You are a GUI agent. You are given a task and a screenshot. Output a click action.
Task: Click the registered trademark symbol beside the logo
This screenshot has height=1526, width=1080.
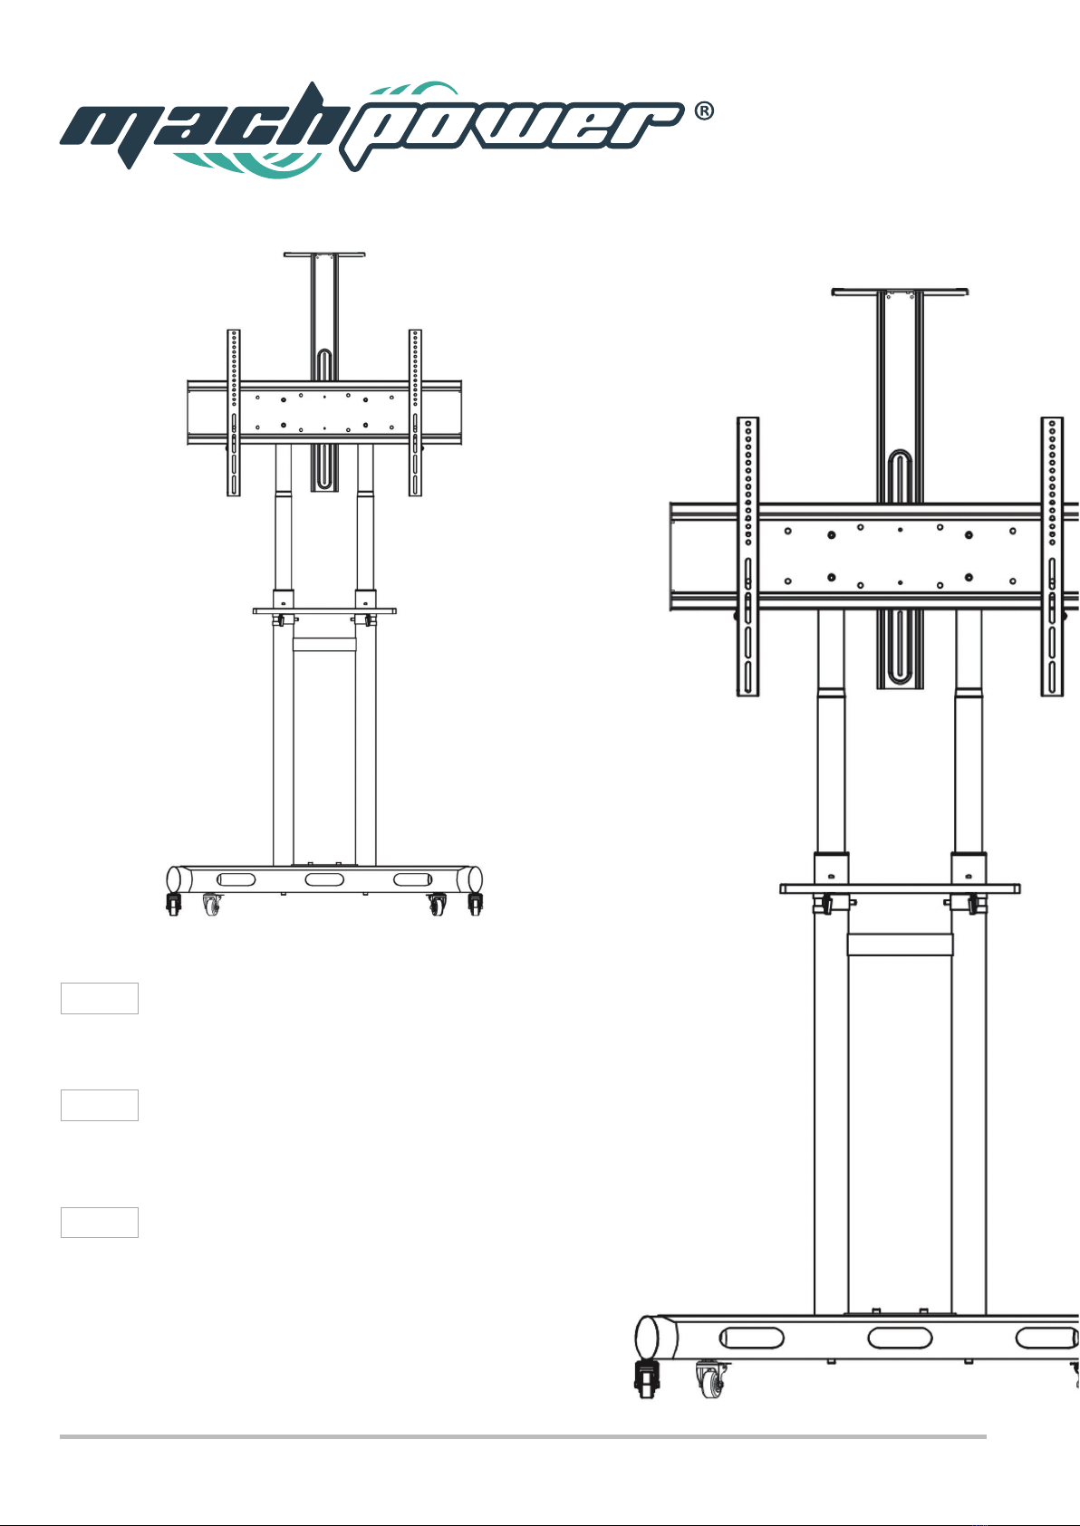704,111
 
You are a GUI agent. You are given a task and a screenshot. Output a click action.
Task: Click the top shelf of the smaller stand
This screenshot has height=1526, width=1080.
324,254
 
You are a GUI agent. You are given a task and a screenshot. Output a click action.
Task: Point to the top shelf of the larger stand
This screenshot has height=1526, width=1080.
900,292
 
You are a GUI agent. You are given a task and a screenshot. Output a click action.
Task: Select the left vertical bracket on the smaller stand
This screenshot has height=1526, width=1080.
234,413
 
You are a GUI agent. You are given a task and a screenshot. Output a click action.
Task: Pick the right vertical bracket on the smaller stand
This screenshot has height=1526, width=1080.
415,413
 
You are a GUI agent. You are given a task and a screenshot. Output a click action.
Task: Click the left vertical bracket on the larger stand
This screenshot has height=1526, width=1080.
747,557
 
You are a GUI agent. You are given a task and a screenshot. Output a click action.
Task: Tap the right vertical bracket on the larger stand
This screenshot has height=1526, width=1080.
1052,557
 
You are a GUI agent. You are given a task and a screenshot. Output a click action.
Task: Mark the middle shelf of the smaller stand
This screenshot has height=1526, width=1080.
324,611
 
